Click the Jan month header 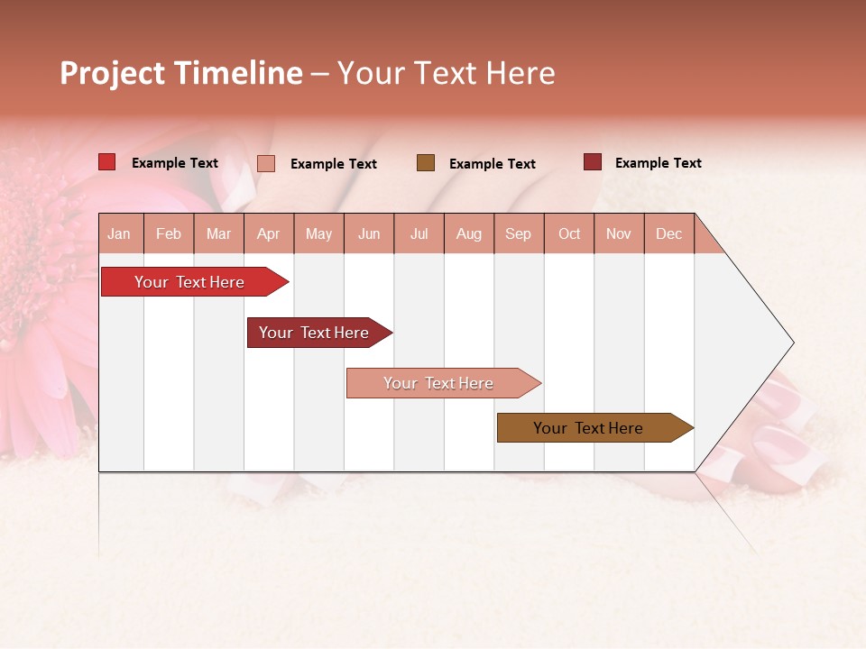(119, 233)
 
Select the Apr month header (268, 233)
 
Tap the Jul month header (419, 233)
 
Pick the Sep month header (518, 233)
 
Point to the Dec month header (668, 233)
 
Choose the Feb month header (169, 233)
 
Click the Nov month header (618, 233)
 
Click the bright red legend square (106, 162)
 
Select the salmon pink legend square (266, 163)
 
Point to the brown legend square (426, 162)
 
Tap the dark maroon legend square (593, 162)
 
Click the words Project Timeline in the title (181, 73)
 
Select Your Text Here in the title (446, 73)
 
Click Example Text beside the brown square (492, 164)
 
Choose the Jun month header (369, 233)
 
